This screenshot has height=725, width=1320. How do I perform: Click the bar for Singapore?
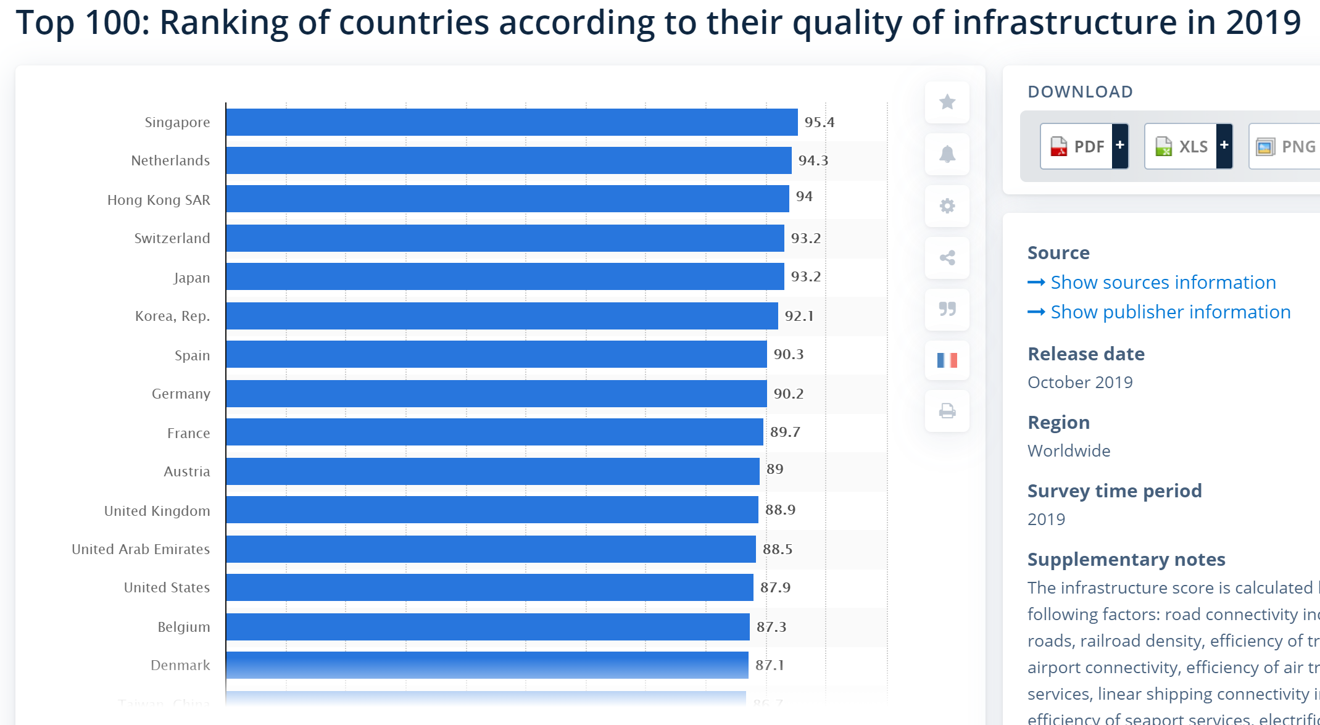click(x=512, y=122)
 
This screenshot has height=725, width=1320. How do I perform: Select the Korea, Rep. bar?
click(x=502, y=316)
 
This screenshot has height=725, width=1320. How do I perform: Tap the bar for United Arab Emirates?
click(x=491, y=549)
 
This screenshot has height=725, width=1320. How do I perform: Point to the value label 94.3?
click(x=813, y=160)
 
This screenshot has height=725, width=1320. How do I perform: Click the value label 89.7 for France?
click(x=785, y=432)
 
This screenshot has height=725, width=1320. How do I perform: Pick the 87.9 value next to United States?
click(x=775, y=587)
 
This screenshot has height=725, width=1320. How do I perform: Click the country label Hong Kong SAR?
click(x=159, y=200)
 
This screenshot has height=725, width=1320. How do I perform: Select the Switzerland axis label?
click(x=172, y=238)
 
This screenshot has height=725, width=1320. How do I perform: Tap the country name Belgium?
click(x=184, y=627)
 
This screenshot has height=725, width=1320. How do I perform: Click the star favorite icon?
click(x=947, y=102)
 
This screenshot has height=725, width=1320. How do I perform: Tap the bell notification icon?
click(x=947, y=154)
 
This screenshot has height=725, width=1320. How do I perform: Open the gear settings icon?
click(x=947, y=205)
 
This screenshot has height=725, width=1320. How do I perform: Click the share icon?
click(x=947, y=257)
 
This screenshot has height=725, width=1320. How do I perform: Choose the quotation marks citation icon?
click(x=947, y=309)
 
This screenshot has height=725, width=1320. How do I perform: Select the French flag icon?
click(x=947, y=360)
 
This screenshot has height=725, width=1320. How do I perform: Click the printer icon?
click(x=947, y=411)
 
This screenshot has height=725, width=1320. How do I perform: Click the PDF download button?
click(x=1077, y=146)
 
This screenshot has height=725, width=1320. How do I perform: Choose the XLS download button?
click(x=1181, y=146)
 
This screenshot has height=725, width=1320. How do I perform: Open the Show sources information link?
click(x=1163, y=282)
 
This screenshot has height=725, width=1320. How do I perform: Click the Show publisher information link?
click(x=1170, y=312)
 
